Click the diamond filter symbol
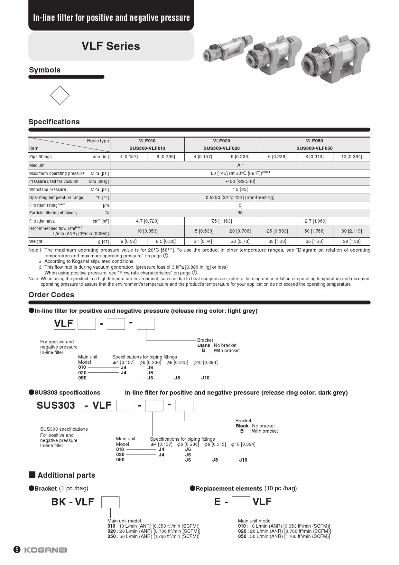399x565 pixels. point(60,95)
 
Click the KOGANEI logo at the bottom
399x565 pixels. point(46,550)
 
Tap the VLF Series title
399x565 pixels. point(111,46)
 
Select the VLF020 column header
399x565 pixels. point(221,141)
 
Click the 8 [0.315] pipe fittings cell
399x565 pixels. point(314,157)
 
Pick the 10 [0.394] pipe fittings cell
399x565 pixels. point(351,157)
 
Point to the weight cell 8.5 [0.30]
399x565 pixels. point(166,241)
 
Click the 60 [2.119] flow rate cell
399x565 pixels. point(351,231)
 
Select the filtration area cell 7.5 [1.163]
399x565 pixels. point(221,221)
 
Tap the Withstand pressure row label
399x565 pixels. point(48,189)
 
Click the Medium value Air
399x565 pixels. point(240,165)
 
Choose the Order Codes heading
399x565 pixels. point(51,295)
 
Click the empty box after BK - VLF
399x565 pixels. point(110,502)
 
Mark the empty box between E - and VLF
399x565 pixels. point(241,502)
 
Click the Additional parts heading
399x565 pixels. point(66,475)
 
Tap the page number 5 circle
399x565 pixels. point(17,550)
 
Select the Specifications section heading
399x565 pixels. point(54,122)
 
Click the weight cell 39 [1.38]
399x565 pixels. point(351,241)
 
